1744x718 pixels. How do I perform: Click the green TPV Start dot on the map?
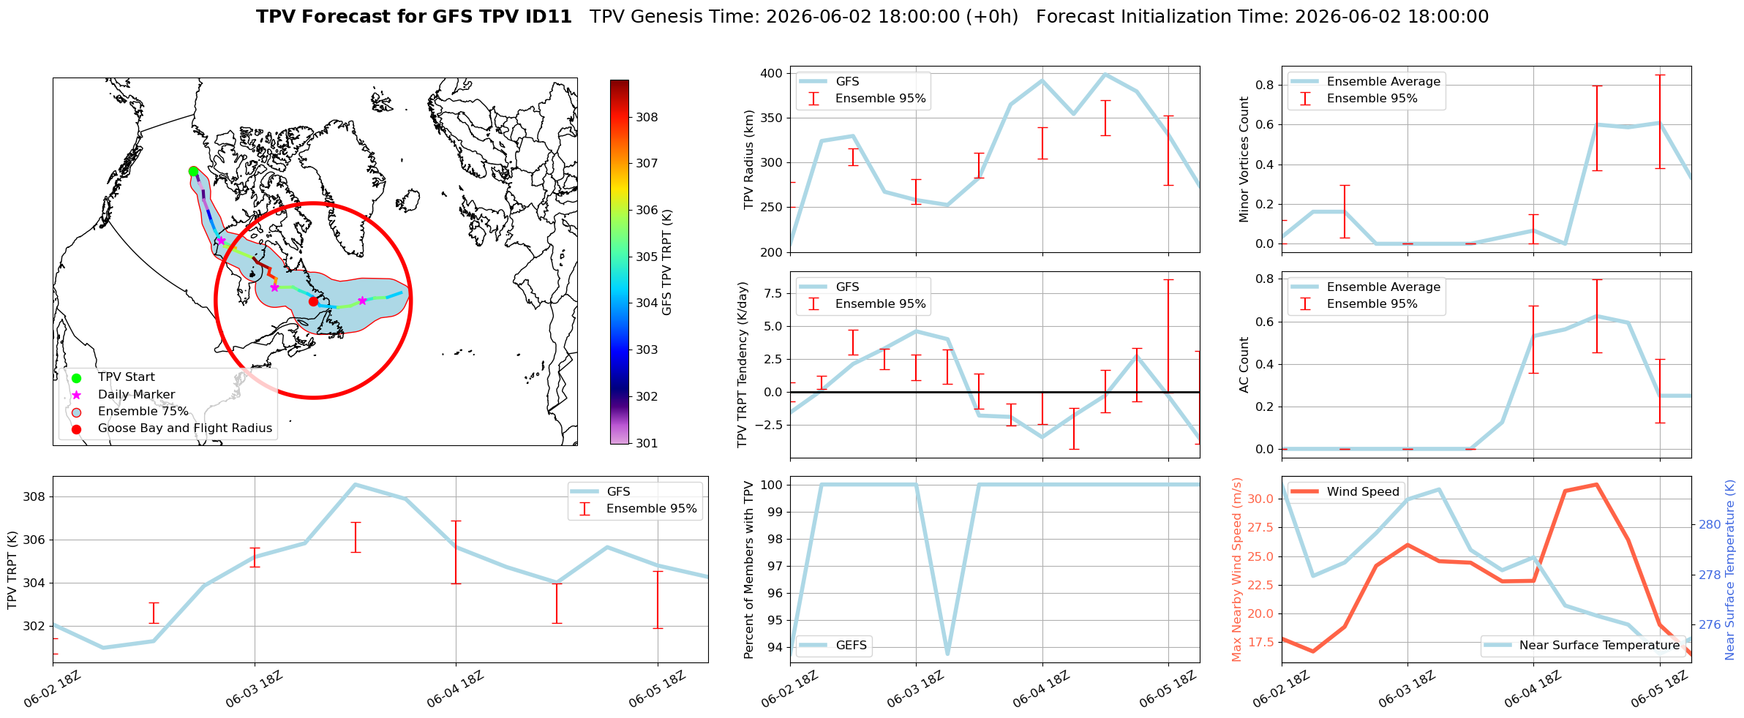(x=193, y=171)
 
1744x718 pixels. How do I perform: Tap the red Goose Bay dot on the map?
(x=313, y=301)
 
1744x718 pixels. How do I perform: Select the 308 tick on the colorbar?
(x=647, y=117)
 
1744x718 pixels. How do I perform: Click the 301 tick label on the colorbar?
(x=647, y=443)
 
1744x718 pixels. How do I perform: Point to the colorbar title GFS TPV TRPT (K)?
(x=667, y=262)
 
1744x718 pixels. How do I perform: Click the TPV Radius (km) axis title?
(x=748, y=159)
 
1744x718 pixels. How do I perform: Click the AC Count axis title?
(x=1244, y=365)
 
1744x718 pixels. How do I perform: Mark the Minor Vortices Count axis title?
(x=1244, y=159)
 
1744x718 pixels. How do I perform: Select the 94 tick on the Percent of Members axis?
(x=775, y=647)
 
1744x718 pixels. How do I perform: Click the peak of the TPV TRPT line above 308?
(x=355, y=484)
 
